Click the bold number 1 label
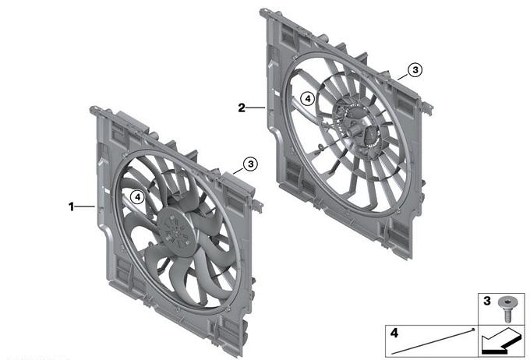[71, 206]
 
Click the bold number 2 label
[242, 108]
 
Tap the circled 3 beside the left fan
[250, 164]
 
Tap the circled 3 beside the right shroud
[415, 70]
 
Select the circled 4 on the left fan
[137, 196]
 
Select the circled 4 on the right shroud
[308, 99]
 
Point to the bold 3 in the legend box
[486, 301]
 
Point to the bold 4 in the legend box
[394, 333]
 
